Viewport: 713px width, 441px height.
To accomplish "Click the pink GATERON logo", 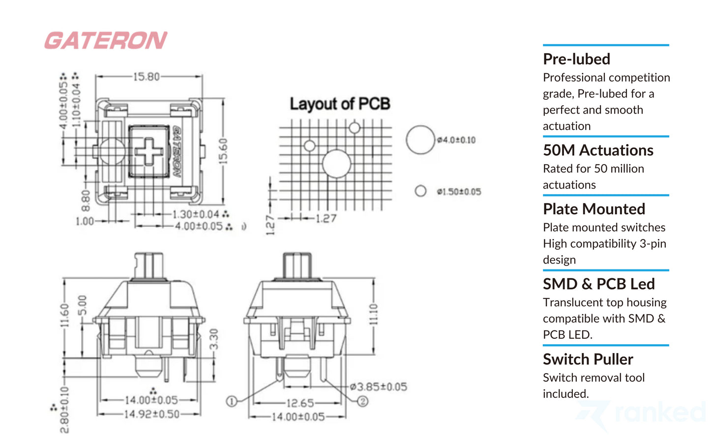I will pos(106,40).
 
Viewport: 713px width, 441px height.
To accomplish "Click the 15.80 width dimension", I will pos(146,77).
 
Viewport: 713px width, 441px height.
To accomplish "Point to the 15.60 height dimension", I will pos(223,151).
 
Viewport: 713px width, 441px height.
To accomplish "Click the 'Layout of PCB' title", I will pos(340,104).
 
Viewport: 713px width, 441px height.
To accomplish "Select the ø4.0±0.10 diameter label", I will pos(456,140).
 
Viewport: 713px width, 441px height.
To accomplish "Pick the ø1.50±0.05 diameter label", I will pos(459,192).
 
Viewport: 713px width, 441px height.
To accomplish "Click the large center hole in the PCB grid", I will pos(337,164).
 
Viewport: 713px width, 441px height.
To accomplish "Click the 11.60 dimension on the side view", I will pos(64,315).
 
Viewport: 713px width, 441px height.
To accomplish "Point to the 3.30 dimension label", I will pos(213,339).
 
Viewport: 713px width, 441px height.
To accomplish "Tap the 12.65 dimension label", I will pos(300,403).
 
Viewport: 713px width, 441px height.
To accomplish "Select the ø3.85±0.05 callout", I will pos(379,387).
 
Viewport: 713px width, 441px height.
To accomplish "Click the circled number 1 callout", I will pos(232,401).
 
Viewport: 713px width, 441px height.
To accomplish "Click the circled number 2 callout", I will pos(362,401).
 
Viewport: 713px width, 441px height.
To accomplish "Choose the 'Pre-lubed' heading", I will pos(576,59).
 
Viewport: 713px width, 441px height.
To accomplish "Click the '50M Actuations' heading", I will pos(598,150).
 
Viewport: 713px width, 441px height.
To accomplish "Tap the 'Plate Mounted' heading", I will pos(594,209).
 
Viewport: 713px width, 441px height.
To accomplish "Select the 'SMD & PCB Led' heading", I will pos(598,284).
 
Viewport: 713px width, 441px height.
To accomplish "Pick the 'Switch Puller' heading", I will pos(588,359).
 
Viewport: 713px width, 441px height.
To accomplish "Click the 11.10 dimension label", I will pos(373,314).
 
